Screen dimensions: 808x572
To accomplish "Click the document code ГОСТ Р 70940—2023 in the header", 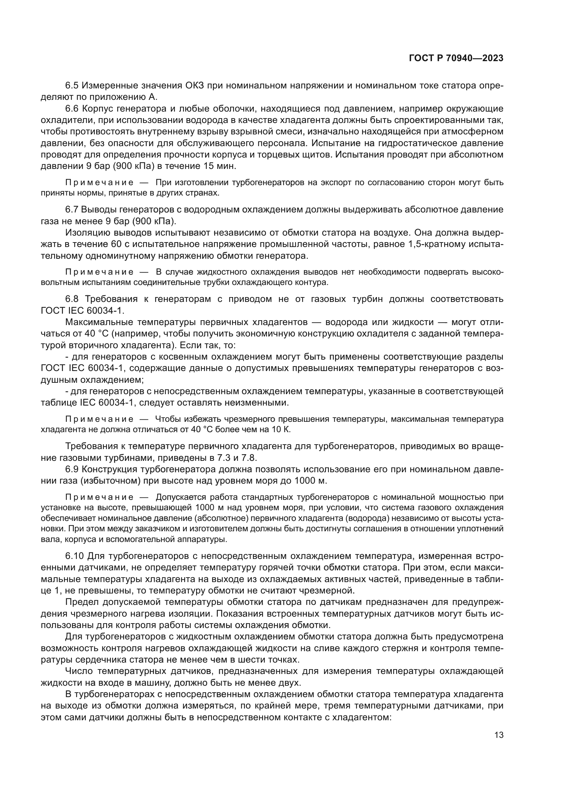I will point(456,58).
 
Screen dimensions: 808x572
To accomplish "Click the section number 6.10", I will point(74,556).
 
